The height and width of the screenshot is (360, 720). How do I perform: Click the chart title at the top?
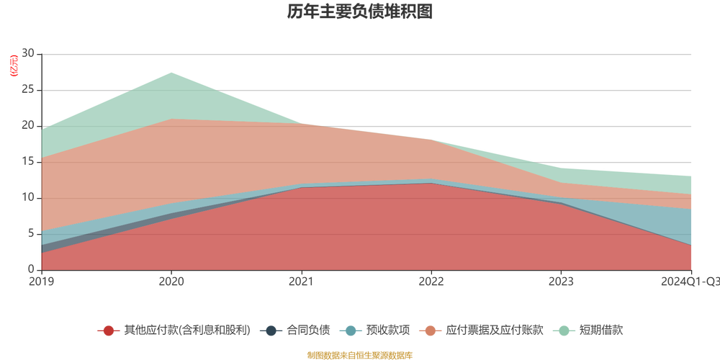(x=359, y=12)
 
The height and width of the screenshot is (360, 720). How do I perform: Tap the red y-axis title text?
(x=11, y=65)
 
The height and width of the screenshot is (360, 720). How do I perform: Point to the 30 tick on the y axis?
(x=29, y=53)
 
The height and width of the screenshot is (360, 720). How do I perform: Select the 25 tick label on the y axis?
(x=29, y=90)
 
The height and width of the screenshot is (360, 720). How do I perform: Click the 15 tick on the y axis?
(x=29, y=162)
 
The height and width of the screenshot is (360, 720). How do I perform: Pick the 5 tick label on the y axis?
(x=31, y=234)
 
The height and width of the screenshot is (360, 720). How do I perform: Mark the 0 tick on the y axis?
(x=31, y=269)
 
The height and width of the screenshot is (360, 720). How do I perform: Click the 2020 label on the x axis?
(x=171, y=281)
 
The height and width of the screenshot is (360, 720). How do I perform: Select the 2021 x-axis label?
(x=301, y=281)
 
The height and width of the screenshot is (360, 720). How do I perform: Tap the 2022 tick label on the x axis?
(x=431, y=281)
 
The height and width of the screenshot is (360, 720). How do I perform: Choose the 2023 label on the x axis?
(x=561, y=281)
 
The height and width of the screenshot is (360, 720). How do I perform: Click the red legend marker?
(x=109, y=330)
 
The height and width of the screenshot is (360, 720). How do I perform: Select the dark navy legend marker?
(x=271, y=330)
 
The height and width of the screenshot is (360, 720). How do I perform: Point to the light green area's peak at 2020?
(x=171, y=71)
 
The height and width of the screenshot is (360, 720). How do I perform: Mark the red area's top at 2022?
(x=431, y=184)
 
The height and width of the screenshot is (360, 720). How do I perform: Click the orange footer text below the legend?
(x=359, y=354)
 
